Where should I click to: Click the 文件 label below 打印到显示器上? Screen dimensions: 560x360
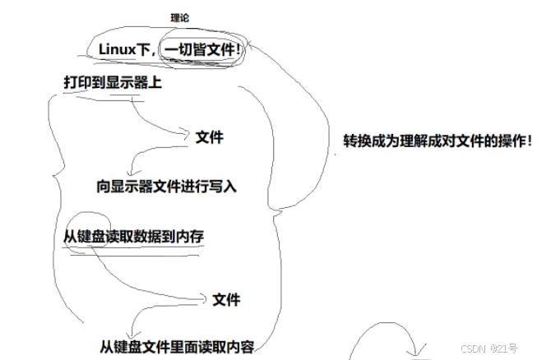[x=210, y=137]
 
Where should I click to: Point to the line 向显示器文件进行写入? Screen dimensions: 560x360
[x=166, y=186]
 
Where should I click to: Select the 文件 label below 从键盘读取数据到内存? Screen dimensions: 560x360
[x=225, y=299]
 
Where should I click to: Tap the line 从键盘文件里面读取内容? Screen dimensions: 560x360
[x=178, y=346]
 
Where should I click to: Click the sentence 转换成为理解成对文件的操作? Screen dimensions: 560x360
[x=437, y=141]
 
